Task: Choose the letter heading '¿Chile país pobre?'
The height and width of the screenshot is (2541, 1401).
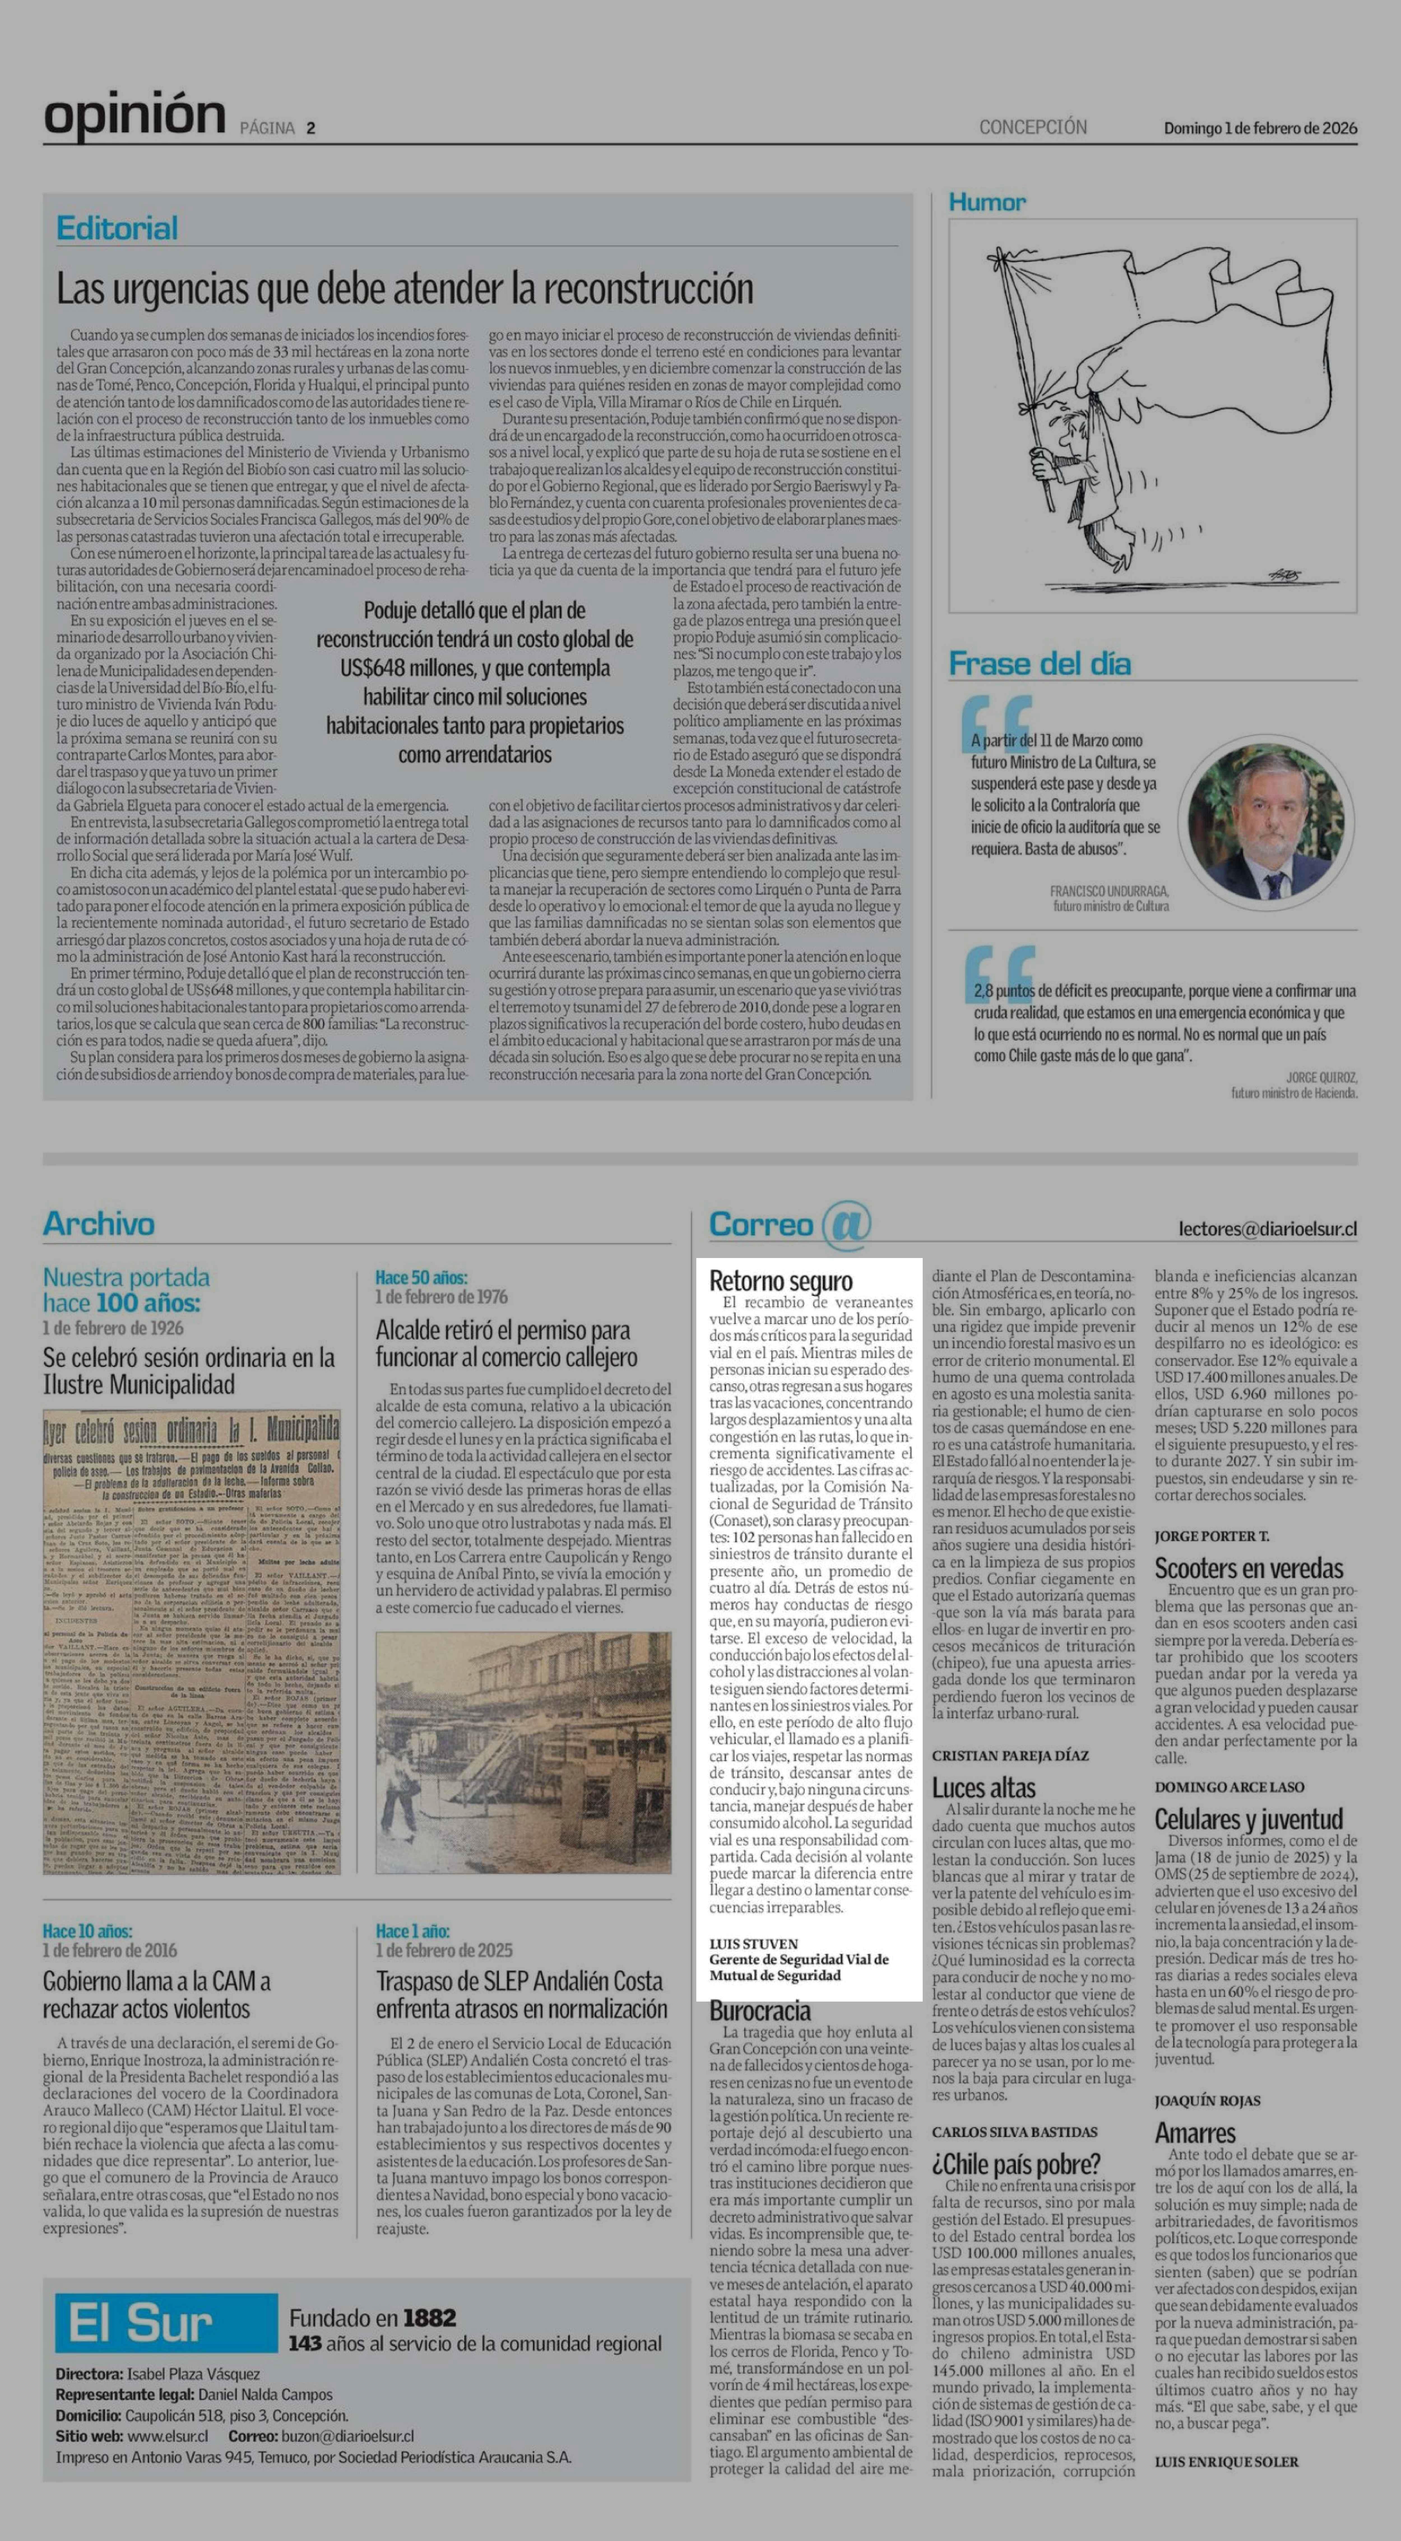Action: [x=1015, y=2164]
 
